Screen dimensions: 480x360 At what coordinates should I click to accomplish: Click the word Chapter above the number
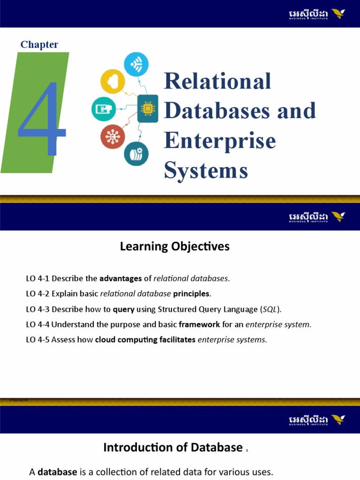pos(39,45)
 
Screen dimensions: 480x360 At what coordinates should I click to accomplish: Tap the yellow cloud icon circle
pos(112,81)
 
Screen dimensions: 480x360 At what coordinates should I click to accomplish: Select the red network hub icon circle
pos(112,136)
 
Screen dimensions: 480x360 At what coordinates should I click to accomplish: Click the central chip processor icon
pos(147,108)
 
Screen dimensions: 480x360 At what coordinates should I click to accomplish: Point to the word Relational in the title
pos(217,81)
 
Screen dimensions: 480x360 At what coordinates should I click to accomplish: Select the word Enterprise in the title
pos(220,140)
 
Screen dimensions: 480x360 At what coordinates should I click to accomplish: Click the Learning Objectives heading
pos(175,246)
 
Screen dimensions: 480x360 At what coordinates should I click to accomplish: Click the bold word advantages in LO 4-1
pos(120,278)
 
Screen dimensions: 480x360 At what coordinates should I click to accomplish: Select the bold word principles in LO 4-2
pos(192,294)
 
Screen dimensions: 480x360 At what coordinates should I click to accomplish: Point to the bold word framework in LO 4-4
pos(199,324)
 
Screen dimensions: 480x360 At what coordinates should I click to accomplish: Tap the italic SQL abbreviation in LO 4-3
pos(270,309)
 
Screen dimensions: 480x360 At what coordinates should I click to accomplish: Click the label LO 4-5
pos(37,340)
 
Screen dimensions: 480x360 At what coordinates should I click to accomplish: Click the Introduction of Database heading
pos(172,448)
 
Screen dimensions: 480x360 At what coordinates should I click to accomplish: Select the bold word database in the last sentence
pos(57,472)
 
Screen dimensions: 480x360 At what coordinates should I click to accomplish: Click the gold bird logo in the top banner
pos(337,14)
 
